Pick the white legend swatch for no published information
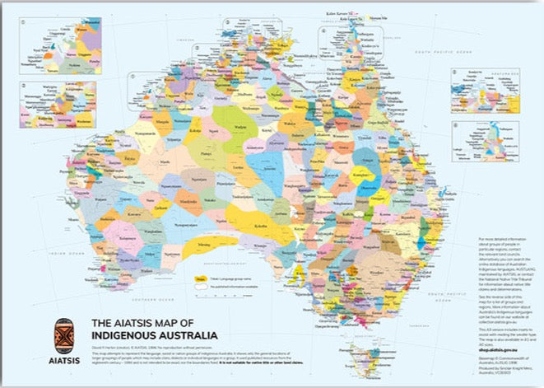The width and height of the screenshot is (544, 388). click(198, 287)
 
